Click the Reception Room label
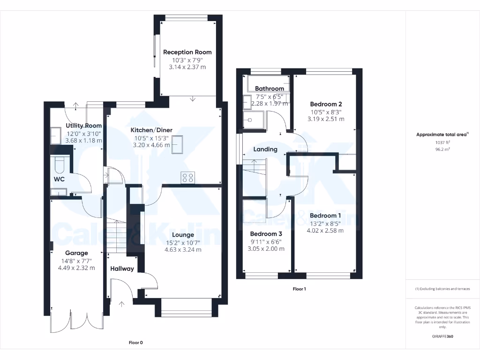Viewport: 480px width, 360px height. tap(187, 52)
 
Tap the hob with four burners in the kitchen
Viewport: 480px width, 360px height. tap(188, 178)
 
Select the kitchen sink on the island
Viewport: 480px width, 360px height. tap(178, 144)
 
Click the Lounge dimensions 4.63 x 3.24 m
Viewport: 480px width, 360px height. tap(183, 250)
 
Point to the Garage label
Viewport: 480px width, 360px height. tap(76, 253)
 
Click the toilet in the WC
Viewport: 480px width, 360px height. tap(60, 165)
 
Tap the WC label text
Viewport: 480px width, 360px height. tap(59, 180)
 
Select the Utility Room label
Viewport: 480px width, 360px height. tap(84, 126)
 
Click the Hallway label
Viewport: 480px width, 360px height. tap(122, 269)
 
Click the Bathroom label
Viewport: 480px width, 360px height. tap(270, 89)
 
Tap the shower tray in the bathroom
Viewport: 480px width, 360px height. tap(254, 120)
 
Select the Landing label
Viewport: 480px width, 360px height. tap(265, 149)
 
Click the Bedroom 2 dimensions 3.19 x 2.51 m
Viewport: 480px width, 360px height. tap(326, 119)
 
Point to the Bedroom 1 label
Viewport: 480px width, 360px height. tap(325, 216)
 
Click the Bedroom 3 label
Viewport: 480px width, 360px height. tap(266, 234)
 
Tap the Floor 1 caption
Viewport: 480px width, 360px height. tap(299, 289)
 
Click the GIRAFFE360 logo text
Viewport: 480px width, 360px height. tap(443, 336)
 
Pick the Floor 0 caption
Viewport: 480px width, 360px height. tap(135, 343)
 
